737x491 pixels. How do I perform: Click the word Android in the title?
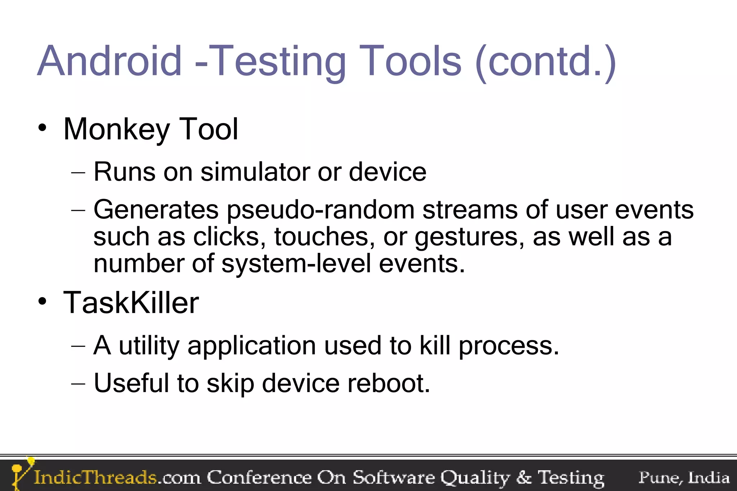pyautogui.click(x=109, y=61)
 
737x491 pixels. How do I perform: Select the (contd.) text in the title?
pyautogui.click(x=546, y=62)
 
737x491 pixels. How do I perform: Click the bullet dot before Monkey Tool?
pyautogui.click(x=42, y=128)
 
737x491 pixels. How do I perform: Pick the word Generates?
pyautogui.click(x=156, y=209)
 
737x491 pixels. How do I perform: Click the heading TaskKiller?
pyautogui.click(x=131, y=303)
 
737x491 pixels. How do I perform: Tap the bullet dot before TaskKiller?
pyautogui.click(x=42, y=301)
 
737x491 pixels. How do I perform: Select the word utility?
pyautogui.click(x=149, y=346)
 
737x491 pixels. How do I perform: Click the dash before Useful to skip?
pyautogui.click(x=78, y=383)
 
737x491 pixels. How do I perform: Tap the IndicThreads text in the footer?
pyautogui.click(x=95, y=478)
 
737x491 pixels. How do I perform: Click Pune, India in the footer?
pyautogui.click(x=684, y=478)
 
